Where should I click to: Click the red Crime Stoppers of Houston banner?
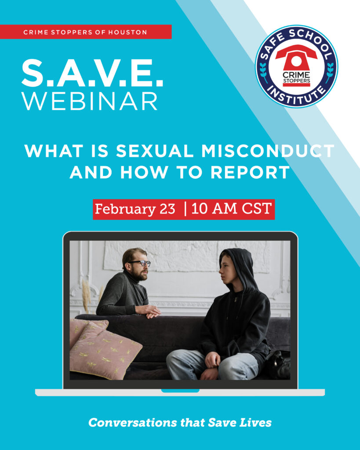pos(86,32)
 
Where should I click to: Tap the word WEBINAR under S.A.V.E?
pos(90,102)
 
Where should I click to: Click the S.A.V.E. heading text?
pos(92,73)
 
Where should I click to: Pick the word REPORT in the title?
pos(250,173)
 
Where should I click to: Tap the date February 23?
pos(135,209)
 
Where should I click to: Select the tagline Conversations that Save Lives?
pos(180,423)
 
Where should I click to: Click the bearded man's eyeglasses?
pos(140,263)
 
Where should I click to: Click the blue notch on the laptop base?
pos(180,390)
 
